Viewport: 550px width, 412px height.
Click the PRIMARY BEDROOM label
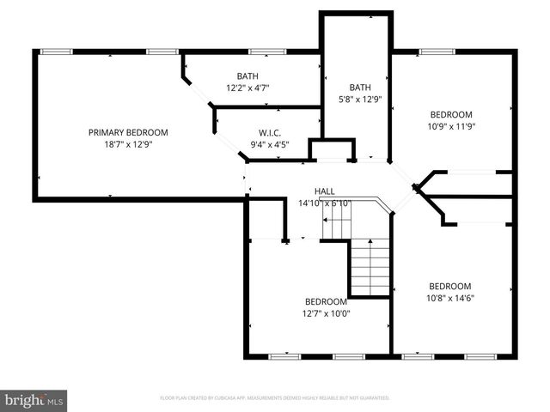[128, 132]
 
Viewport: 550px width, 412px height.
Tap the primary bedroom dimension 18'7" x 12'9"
[128, 144]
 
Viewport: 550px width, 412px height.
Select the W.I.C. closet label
[270, 133]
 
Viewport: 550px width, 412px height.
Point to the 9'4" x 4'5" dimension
[270, 144]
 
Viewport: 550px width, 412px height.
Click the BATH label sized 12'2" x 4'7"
[247, 76]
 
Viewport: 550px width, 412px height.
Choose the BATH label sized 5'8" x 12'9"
[359, 87]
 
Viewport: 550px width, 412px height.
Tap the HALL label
[324, 191]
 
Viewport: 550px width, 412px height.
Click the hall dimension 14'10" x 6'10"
[324, 203]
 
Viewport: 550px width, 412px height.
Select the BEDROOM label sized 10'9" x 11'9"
[451, 114]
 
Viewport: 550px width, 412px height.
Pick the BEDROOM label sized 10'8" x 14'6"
[450, 286]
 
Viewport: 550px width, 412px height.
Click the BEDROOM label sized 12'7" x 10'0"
[327, 301]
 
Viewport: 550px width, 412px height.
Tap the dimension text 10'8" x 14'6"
[450, 298]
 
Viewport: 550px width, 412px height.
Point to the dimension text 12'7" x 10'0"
[327, 313]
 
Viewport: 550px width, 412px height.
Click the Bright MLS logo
[34, 399]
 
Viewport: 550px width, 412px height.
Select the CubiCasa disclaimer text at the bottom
[275, 398]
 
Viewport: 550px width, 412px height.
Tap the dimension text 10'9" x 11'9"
[451, 126]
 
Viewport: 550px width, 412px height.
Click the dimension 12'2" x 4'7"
[247, 88]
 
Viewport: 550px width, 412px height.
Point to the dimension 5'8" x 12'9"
[359, 99]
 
